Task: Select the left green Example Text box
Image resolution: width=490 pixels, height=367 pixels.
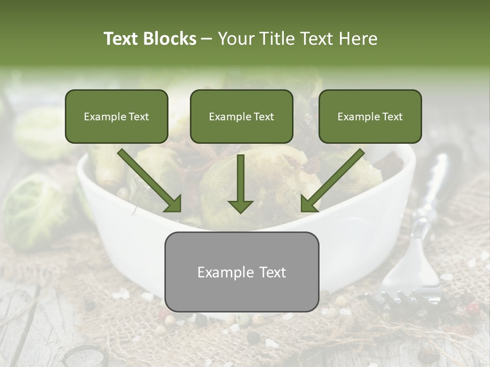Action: tap(116, 116)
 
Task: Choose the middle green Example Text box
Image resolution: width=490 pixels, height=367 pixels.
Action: tap(241, 116)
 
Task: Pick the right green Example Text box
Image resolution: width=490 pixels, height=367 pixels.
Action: tap(370, 116)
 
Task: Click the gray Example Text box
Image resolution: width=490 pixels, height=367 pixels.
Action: tap(241, 272)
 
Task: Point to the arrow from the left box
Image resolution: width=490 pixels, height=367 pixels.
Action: tap(150, 180)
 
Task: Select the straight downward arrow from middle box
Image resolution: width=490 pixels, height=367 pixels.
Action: tap(240, 183)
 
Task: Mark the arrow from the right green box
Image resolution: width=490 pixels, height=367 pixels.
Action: tap(332, 180)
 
